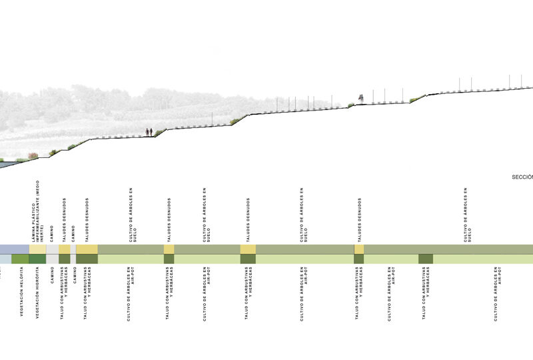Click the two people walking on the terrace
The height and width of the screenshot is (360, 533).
(x=149, y=132)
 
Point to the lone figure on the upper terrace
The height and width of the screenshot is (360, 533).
(x=360, y=99)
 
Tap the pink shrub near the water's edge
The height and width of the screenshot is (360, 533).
(x=33, y=156)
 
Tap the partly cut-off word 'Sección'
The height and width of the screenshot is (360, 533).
(x=522, y=177)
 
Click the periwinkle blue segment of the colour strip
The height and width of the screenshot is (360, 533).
(x=14, y=249)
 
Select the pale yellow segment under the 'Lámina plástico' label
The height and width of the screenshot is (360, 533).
(x=37, y=249)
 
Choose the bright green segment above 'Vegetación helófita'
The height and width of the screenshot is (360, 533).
(x=20, y=259)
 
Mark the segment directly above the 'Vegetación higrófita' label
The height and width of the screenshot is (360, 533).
(x=37, y=259)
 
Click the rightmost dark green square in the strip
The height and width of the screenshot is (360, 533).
(x=426, y=259)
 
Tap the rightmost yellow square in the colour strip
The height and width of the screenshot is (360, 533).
(x=359, y=249)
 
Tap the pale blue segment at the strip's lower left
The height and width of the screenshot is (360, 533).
(x=5, y=259)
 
